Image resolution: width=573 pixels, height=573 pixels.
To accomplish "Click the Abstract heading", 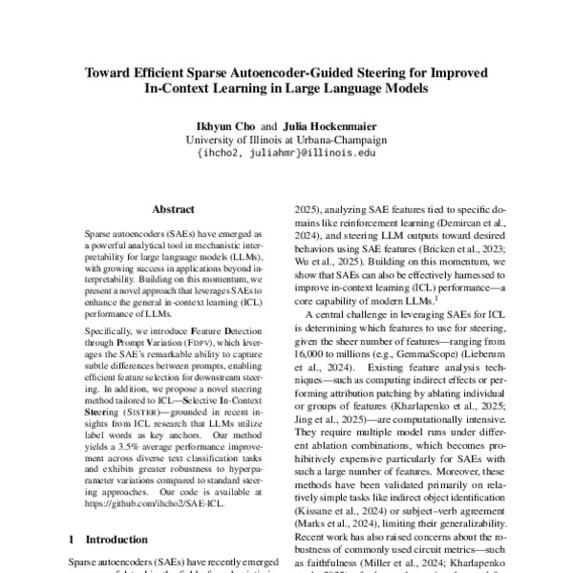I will pos(173,209).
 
